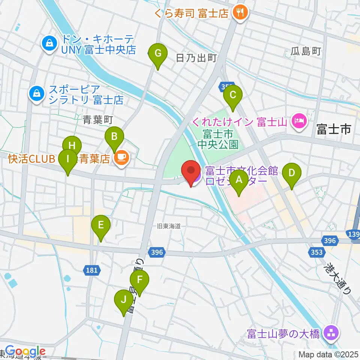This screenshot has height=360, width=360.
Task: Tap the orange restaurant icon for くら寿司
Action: (x=238, y=13)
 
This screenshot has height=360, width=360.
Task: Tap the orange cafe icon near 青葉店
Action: (x=121, y=159)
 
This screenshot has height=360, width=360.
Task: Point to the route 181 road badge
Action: (x=92, y=270)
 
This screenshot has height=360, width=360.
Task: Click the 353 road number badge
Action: (x=317, y=252)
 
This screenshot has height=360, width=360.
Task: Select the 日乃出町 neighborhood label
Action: (x=196, y=58)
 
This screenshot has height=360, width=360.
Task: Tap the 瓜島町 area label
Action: (x=306, y=52)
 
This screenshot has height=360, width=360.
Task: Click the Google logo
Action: (x=25, y=351)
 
